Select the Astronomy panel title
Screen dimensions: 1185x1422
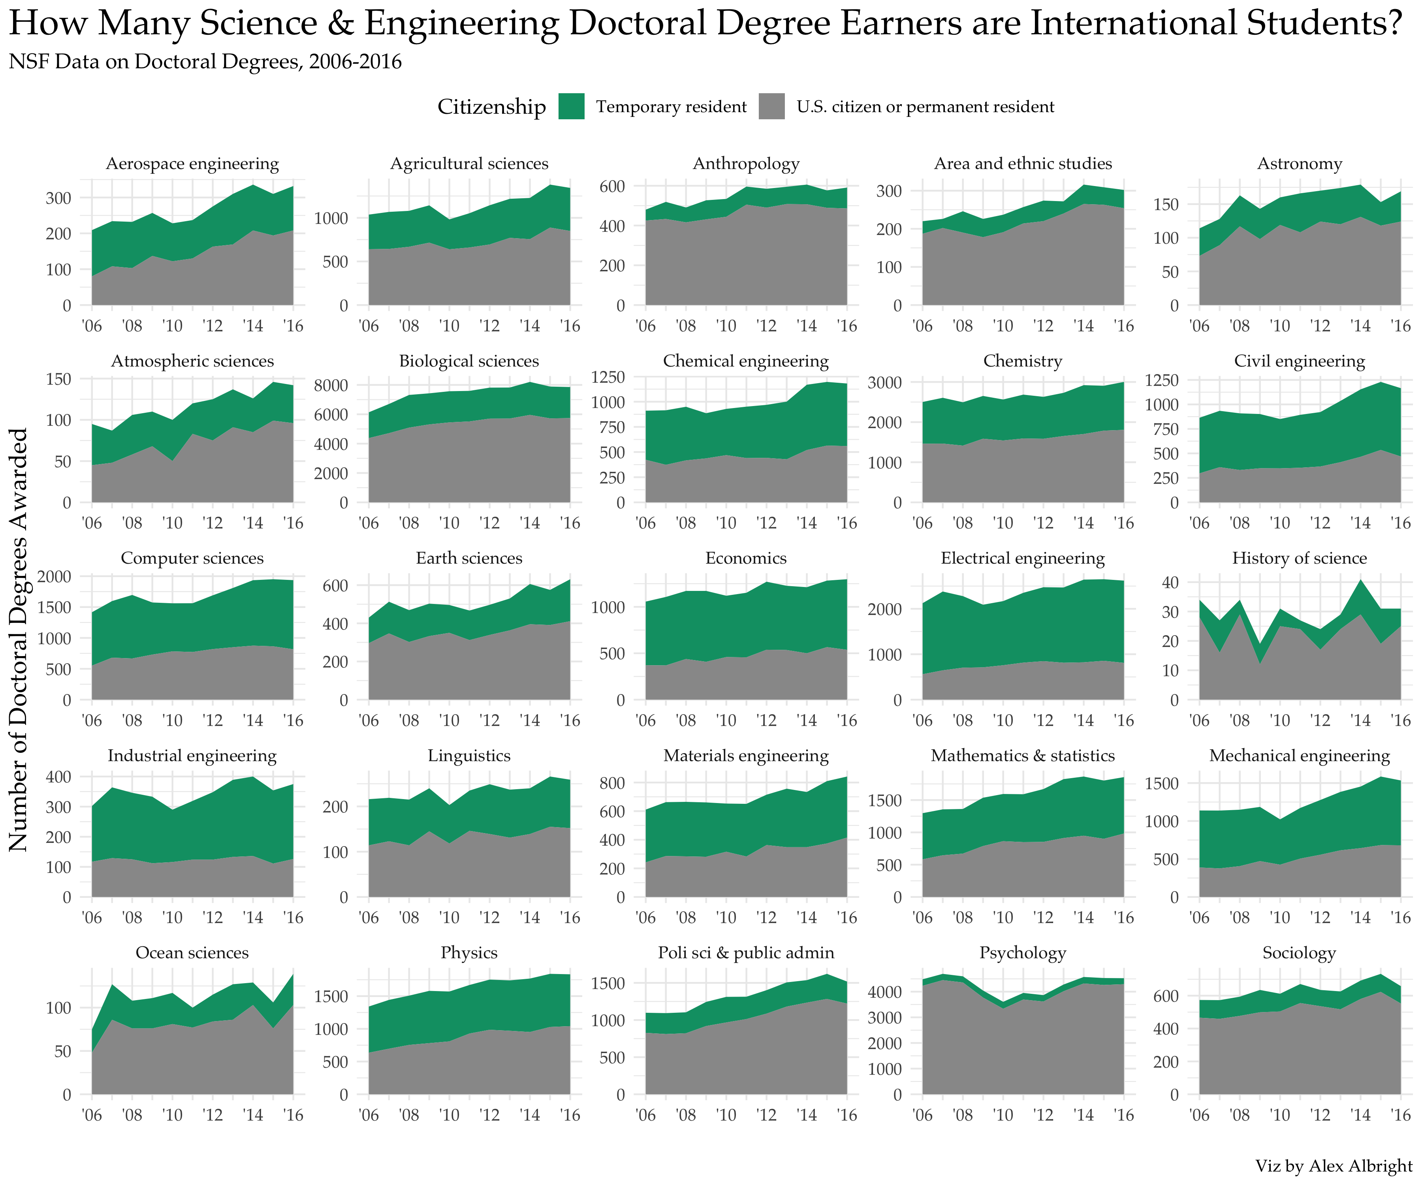pos(1299,164)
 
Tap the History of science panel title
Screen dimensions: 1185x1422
pos(1299,559)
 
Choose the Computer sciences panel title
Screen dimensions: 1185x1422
pos(192,559)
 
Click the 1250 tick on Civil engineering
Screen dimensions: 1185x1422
pos(1162,379)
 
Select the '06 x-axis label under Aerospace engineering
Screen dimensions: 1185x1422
pos(91,326)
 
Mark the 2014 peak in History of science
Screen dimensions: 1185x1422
pos(1360,580)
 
